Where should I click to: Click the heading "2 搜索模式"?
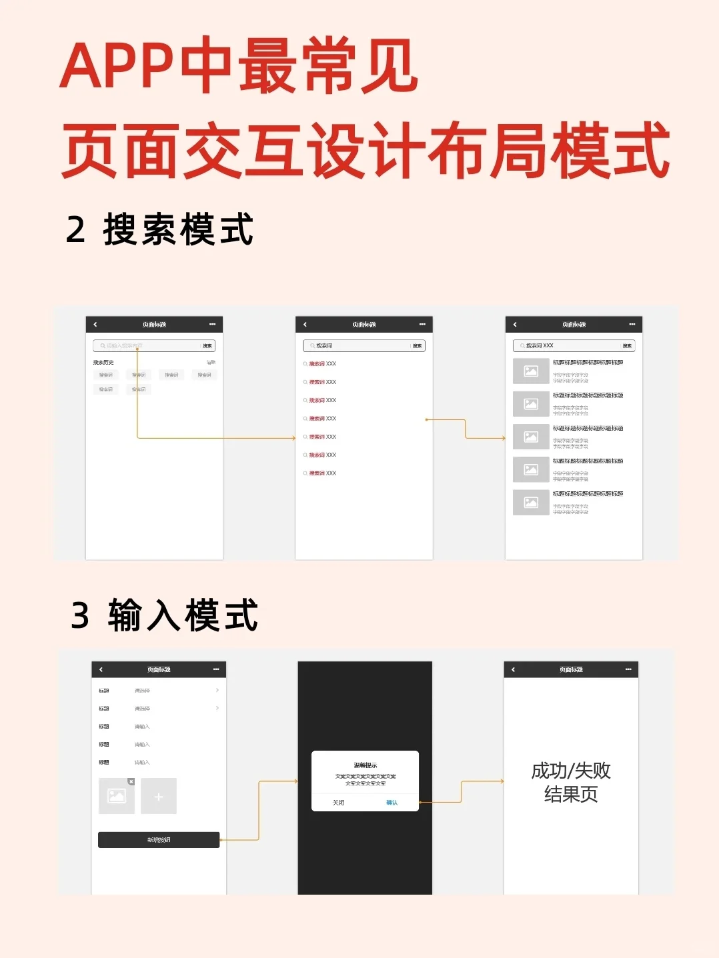point(159,230)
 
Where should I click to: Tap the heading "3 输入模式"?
point(164,615)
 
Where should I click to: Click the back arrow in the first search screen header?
point(95,325)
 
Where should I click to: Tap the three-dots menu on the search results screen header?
point(632,325)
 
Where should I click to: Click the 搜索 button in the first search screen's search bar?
point(207,346)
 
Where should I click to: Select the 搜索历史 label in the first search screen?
point(103,363)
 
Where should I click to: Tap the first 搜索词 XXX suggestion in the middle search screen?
point(323,364)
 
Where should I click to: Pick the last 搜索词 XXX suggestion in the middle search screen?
point(323,473)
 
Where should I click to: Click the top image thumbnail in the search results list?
point(531,371)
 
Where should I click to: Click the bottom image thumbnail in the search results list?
point(531,503)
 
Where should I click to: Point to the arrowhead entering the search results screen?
point(504,438)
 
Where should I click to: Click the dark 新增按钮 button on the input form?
point(159,840)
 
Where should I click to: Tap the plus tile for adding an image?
point(159,797)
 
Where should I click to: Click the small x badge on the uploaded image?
point(131,781)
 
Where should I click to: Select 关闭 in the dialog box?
point(339,803)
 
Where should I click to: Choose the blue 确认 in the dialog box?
point(392,803)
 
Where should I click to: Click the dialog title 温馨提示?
point(366,765)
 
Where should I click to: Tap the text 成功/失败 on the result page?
point(571,771)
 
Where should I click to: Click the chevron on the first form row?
point(217,691)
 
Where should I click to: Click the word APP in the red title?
point(117,67)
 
